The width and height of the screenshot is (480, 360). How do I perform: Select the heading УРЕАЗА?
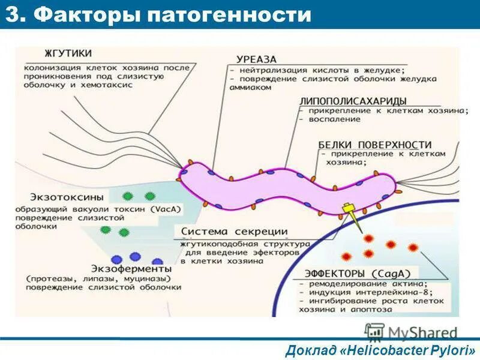pyautogui.click(x=256, y=59)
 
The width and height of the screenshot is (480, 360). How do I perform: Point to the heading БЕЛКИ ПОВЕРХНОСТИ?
pyautogui.click(x=375, y=145)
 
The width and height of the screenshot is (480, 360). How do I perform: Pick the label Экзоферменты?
pyautogui.click(x=131, y=268)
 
